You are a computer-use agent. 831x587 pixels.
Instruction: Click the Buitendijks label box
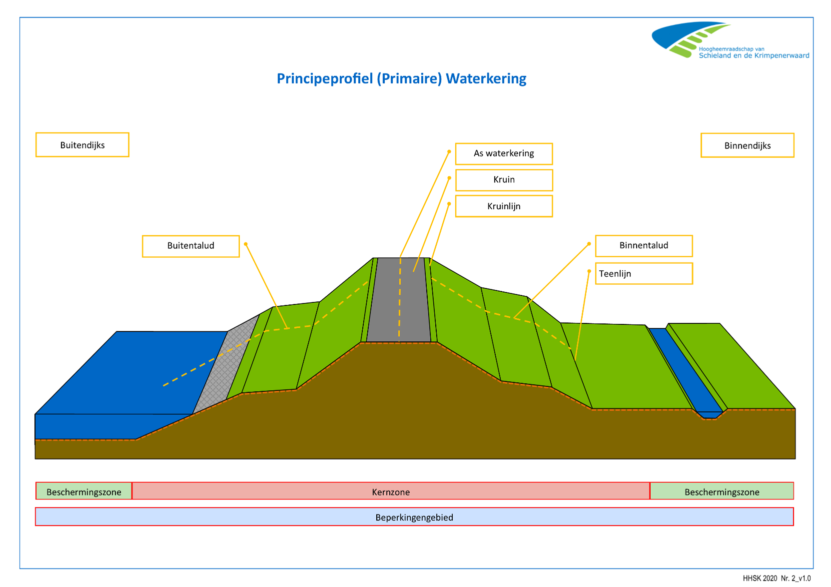(82, 145)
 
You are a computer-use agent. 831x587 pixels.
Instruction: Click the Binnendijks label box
(747, 145)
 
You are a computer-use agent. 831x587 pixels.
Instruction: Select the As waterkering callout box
(504, 153)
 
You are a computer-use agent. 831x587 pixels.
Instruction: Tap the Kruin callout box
(504, 180)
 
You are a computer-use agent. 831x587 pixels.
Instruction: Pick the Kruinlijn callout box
(504, 206)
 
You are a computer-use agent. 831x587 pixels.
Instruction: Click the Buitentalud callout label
(190, 246)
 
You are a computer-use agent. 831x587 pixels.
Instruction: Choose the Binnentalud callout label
(644, 245)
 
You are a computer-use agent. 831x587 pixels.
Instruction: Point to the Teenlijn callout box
(644, 274)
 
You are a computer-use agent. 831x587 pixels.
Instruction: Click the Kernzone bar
(391, 492)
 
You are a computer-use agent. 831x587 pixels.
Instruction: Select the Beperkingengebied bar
(414, 517)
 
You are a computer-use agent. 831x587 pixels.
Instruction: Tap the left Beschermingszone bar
(83, 492)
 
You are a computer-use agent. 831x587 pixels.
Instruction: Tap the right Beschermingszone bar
(722, 492)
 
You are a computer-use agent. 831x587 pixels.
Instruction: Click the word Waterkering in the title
(486, 79)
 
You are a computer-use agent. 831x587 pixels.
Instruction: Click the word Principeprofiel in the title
(325, 79)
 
